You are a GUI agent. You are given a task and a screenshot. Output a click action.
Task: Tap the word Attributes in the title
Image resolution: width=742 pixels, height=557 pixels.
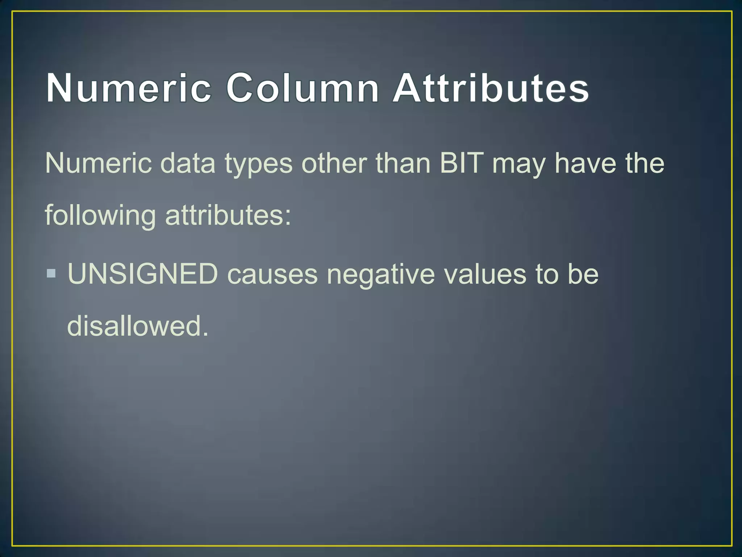pos(491,88)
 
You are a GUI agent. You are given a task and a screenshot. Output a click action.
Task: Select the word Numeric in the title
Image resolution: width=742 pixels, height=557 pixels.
pos(129,88)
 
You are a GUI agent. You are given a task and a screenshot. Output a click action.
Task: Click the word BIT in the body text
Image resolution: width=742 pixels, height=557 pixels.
pos(461,163)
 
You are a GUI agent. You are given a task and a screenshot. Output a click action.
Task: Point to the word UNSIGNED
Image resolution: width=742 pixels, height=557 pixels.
pos(143,274)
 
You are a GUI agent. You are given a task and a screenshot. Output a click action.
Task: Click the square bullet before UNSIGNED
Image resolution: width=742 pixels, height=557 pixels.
pos(51,273)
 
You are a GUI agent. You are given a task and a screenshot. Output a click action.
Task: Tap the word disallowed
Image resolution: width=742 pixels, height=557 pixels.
pos(138,326)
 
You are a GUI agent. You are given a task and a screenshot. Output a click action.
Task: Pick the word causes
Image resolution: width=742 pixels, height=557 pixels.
pos(272,275)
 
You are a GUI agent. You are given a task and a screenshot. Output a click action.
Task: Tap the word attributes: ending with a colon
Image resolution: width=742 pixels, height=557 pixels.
pos(228,215)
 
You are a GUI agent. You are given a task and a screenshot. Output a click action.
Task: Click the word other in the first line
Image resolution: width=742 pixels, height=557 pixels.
pos(334,163)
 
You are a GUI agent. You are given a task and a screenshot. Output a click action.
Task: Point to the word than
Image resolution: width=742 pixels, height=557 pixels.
pos(403,163)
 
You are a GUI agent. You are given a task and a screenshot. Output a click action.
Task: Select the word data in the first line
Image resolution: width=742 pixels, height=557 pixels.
pos(188,163)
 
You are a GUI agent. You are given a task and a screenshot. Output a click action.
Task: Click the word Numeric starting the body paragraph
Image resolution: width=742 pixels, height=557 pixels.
pos(98,163)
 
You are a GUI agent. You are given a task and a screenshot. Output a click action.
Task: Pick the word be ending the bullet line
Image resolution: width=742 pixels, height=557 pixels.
pos(583,274)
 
